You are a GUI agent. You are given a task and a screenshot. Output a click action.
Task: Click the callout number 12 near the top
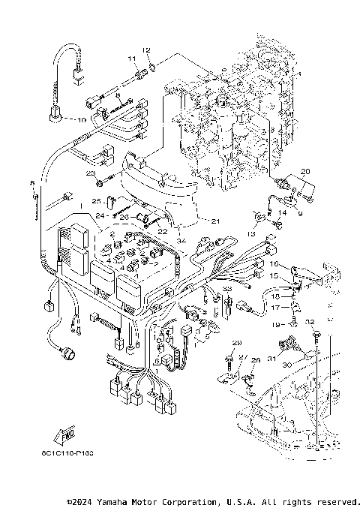coord(147,50)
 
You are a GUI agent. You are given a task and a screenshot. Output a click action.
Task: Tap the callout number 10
coord(82,119)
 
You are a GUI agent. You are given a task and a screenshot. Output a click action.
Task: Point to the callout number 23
coord(90,173)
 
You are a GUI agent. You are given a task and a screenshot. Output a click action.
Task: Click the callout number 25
coord(96,201)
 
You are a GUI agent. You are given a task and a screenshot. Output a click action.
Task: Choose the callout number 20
coord(304,172)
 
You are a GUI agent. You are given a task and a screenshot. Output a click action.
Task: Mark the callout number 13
coord(252,233)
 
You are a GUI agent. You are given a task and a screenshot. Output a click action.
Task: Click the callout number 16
coord(274,265)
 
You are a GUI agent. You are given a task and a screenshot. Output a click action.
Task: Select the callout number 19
coord(276,323)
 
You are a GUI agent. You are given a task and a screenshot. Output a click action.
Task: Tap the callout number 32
coord(309,321)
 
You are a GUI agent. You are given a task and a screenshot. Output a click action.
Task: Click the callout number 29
coord(237,343)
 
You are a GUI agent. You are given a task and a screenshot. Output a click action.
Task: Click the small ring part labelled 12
coord(153,66)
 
